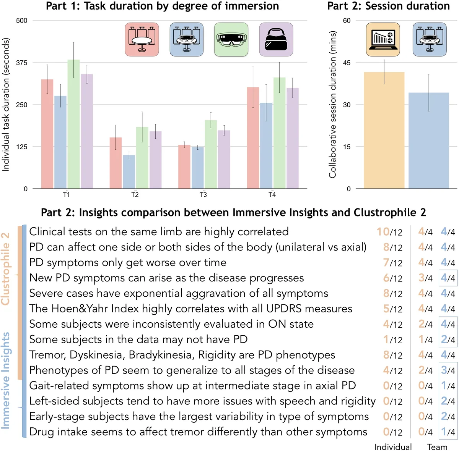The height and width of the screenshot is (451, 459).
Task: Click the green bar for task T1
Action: pos(74,124)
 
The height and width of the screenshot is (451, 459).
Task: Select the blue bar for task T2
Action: pos(129,171)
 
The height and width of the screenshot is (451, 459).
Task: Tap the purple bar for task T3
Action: pos(224,159)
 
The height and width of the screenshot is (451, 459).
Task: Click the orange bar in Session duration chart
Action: pos(384,130)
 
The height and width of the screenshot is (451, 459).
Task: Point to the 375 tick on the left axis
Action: pos(22,63)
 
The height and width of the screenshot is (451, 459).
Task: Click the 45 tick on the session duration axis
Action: pos(347,63)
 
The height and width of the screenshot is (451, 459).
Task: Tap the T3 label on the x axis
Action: pos(203,195)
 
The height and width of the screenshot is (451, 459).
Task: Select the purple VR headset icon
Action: pos(276,39)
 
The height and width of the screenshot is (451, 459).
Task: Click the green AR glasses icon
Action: pos(231,39)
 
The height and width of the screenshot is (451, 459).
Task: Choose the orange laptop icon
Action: pos(383,39)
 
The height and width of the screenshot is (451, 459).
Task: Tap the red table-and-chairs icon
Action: pos(142,39)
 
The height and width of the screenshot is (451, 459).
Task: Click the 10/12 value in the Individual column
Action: pos(389,232)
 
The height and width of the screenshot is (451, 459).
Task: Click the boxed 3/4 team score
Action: pos(448,370)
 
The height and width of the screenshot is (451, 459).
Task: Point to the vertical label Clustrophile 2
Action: pos(5,269)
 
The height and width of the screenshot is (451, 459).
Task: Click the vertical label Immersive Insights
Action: pos(5,380)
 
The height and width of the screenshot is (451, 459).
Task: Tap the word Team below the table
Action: pos(437,447)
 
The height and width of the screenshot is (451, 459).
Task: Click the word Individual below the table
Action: pos(393,447)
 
